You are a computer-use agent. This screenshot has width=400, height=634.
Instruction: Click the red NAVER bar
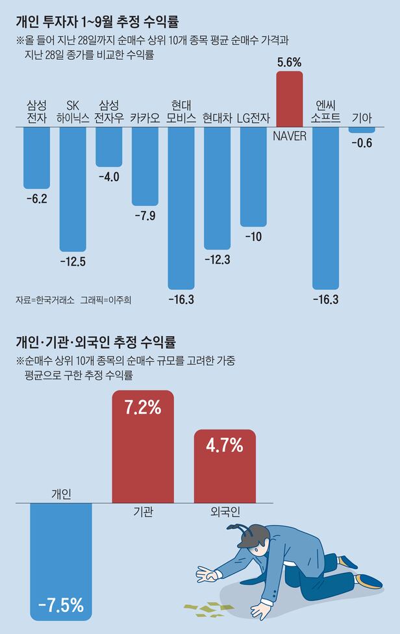(x=290, y=99)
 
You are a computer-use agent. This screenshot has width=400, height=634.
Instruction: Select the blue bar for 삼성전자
(x=36, y=157)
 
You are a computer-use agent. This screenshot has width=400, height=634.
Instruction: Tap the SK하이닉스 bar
(x=73, y=188)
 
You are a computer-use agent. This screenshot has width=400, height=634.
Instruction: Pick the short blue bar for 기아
(x=361, y=130)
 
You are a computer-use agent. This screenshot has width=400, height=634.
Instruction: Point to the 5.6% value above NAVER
(x=290, y=62)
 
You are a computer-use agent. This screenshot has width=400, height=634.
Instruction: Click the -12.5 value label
(x=73, y=262)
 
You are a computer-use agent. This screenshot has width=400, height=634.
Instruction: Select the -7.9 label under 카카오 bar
(x=144, y=216)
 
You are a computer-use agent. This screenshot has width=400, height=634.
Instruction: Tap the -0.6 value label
(x=361, y=143)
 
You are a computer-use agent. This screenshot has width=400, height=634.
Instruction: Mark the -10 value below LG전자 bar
(x=253, y=236)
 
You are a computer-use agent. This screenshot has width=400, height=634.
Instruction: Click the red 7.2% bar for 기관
(x=144, y=447)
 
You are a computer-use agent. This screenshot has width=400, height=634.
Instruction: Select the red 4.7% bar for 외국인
(x=225, y=466)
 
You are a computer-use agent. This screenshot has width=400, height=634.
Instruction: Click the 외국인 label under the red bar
(x=225, y=513)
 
